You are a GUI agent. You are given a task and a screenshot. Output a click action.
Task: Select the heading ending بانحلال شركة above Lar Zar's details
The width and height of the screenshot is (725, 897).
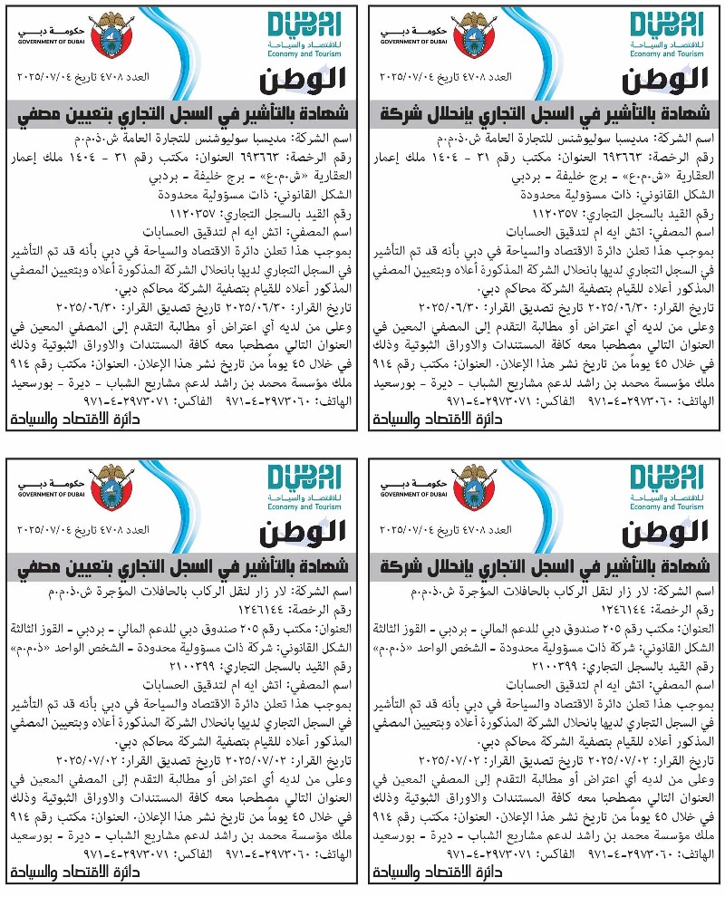coord(545,568)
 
